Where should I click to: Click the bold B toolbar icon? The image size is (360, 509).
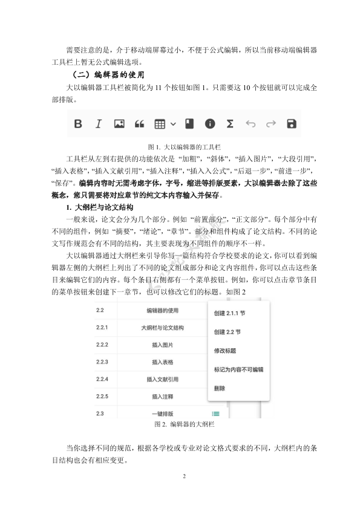78,124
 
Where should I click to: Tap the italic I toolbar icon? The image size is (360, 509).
98,124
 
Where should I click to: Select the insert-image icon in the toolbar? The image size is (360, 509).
119,124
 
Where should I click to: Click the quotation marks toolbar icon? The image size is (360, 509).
139,124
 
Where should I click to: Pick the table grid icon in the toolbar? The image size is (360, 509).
160,124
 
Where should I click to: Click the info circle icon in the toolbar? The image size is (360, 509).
210,124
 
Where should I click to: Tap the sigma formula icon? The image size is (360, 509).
230,124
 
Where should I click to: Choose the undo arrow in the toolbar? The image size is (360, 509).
250,124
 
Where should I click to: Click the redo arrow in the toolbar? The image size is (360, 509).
271,124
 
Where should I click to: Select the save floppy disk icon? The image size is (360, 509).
292,124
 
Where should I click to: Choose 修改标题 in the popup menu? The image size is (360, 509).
224,351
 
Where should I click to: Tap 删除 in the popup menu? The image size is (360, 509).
220,387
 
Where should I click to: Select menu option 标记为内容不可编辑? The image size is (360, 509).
238,369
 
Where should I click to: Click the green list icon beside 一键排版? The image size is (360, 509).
216,413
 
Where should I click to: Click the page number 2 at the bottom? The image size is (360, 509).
183,476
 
